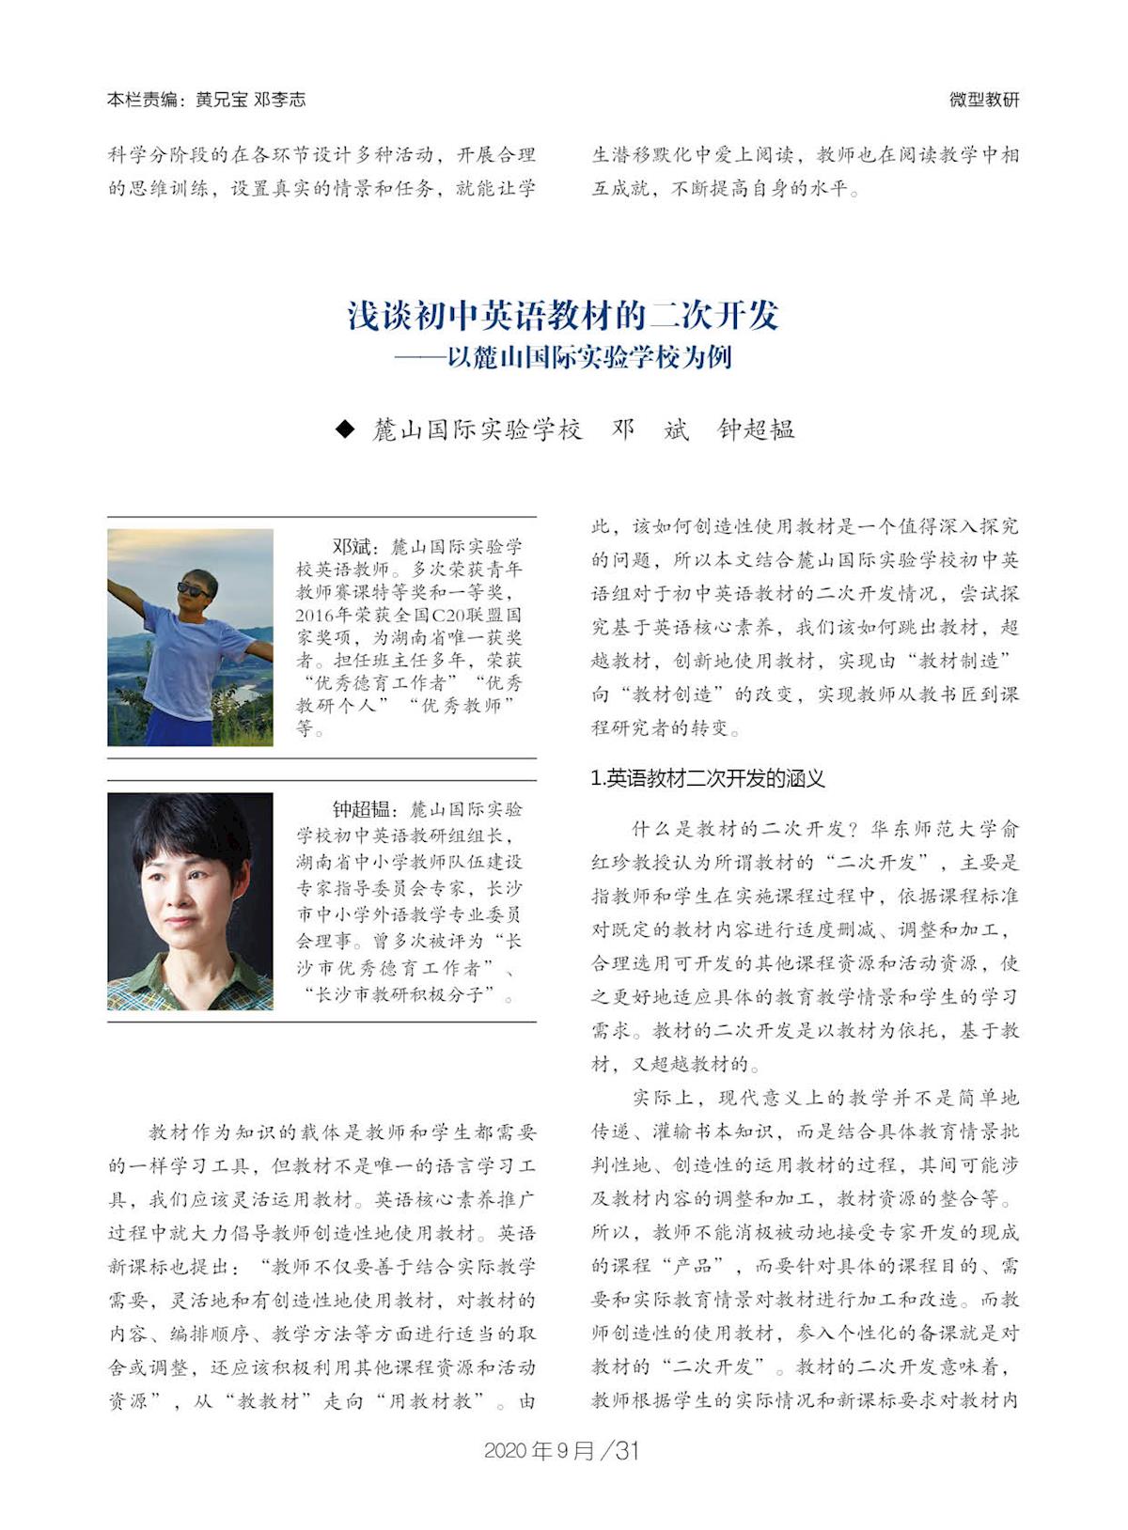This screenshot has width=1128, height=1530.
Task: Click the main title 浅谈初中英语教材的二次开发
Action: (563, 316)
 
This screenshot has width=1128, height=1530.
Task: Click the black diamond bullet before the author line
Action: (346, 429)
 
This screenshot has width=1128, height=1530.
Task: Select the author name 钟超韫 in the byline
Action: (757, 429)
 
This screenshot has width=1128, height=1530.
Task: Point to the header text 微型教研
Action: (983, 100)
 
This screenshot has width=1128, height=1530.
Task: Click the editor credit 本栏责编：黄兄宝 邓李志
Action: (206, 100)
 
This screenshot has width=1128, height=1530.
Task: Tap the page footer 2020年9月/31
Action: (562, 1451)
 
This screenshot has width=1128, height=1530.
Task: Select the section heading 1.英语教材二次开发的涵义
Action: (707, 778)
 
